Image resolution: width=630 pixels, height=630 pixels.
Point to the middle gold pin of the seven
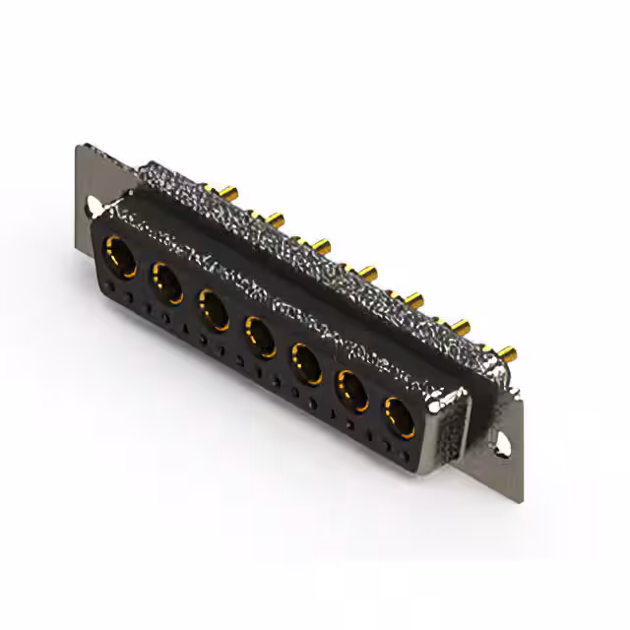368,268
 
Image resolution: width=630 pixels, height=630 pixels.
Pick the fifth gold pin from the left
413,295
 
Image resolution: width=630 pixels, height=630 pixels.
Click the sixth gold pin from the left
461,325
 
